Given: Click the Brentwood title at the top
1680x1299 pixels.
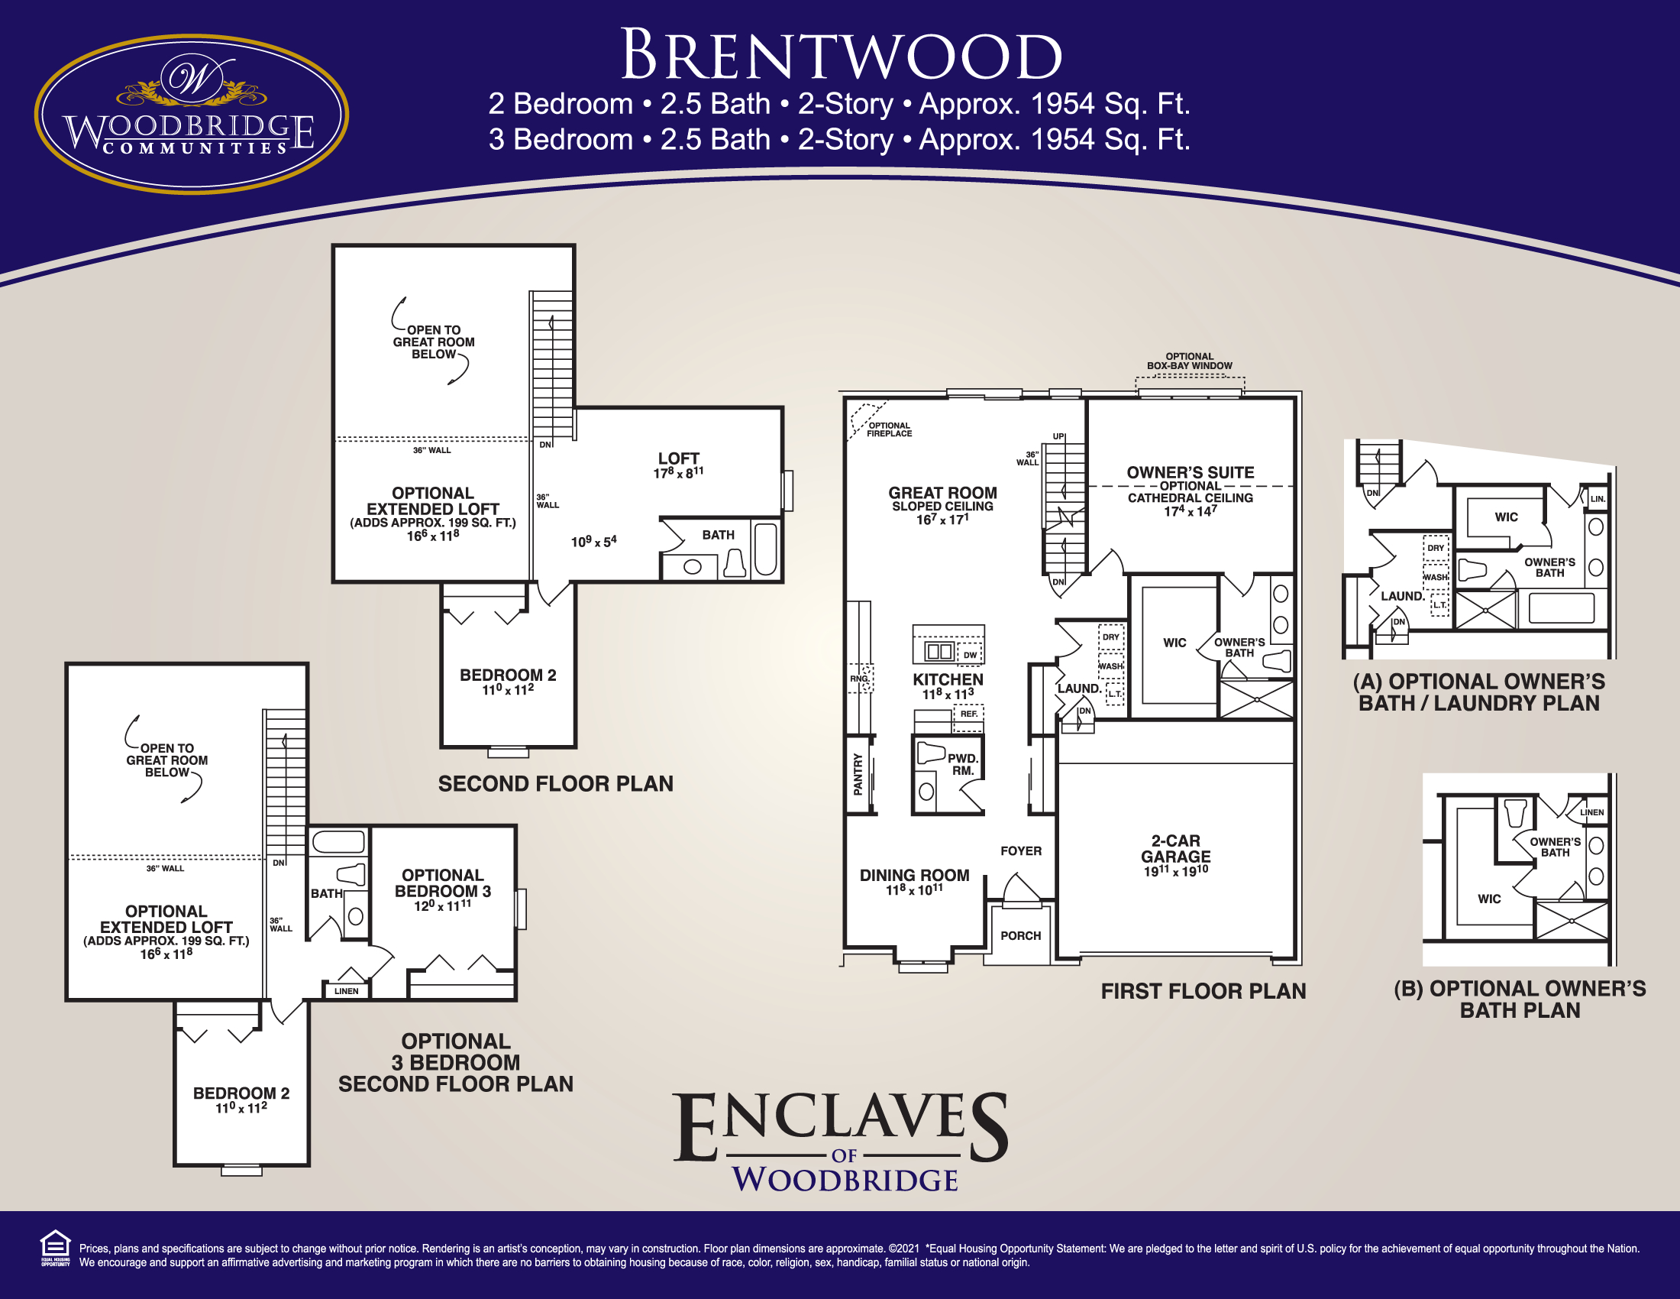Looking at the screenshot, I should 841,56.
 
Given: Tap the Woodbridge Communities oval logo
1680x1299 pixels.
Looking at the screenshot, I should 191,114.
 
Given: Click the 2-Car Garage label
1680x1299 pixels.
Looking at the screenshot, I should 1175,849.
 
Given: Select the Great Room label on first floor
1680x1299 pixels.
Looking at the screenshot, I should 942,493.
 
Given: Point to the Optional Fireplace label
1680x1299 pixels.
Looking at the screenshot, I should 889,429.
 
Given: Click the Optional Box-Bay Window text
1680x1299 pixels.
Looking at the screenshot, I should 1189,361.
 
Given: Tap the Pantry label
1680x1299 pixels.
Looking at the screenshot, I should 858,774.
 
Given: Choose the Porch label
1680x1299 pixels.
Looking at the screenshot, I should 1020,936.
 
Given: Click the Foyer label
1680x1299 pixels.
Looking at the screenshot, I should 1021,851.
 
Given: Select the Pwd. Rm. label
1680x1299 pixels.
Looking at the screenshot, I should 962,764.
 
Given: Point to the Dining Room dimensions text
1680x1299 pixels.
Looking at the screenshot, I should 914,890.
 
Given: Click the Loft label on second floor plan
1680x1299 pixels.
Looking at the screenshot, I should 677,458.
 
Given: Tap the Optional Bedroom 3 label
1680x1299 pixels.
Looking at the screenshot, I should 442,883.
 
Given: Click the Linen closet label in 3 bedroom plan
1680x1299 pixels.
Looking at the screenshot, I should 346,991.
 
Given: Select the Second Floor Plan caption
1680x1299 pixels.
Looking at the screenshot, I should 555,784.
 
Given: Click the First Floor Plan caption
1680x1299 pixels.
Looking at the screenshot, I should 1203,991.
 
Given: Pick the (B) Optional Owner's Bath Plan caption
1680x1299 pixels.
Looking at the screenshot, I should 1519,999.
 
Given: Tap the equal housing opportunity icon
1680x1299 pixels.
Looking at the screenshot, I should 55,1248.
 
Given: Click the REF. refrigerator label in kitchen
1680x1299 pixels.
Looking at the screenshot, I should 968,714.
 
